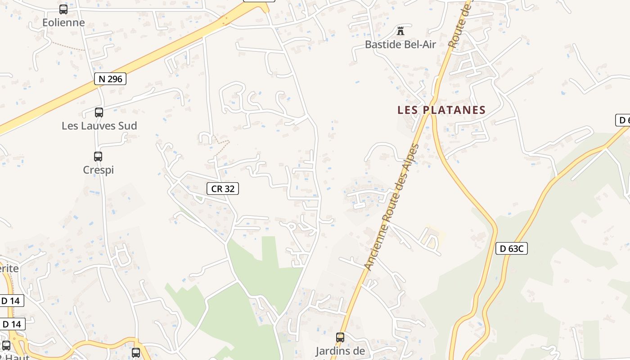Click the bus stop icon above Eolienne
(63, 9)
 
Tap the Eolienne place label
(63, 22)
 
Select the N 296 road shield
(110, 79)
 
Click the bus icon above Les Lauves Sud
(99, 112)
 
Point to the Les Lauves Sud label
(99, 126)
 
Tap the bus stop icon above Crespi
(98, 157)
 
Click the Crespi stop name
(98, 170)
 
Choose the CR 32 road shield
(223, 189)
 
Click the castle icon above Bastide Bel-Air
(400, 31)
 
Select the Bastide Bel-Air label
(400, 45)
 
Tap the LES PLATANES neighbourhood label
(441, 110)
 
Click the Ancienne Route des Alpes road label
(391, 207)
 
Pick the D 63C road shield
(512, 248)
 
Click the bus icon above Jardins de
(340, 337)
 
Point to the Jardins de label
(340, 351)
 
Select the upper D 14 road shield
(11, 301)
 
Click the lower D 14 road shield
(12, 324)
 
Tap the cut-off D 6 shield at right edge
(623, 120)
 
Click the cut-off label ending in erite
(9, 269)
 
